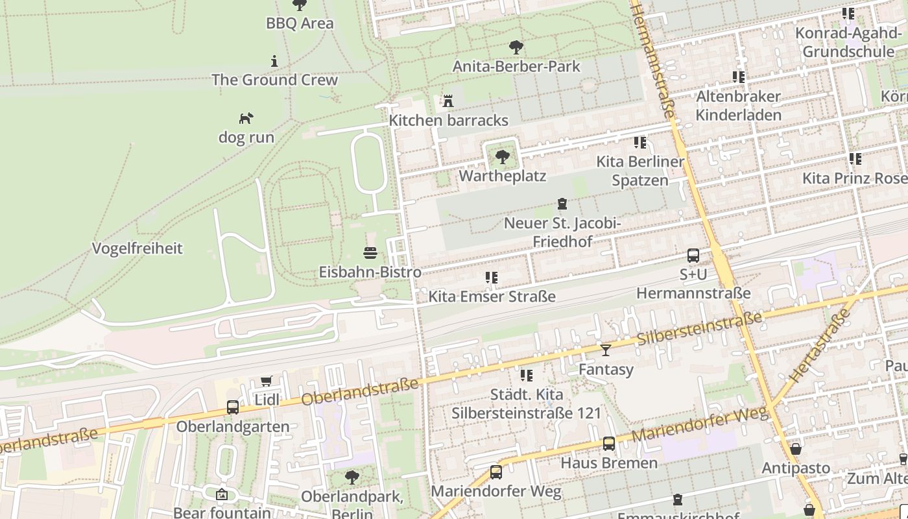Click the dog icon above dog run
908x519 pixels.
coord(246,118)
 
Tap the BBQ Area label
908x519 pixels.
coord(300,23)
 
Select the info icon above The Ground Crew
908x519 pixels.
coord(274,61)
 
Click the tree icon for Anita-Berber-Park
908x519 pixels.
coord(516,47)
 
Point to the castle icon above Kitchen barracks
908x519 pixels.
coord(448,101)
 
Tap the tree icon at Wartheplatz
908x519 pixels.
coord(502,156)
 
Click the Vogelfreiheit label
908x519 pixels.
coord(137,248)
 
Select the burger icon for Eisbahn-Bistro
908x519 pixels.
coord(370,253)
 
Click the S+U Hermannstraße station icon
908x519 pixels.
coord(693,256)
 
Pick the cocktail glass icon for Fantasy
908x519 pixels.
coord(606,350)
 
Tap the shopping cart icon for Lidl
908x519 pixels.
coord(266,381)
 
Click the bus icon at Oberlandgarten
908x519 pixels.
coord(233,407)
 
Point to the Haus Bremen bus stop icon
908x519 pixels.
coord(609,444)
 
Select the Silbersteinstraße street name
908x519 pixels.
coord(699,329)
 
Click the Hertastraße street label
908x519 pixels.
coord(820,345)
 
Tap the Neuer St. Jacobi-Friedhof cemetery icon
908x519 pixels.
coord(562,204)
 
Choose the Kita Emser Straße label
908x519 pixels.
coord(492,297)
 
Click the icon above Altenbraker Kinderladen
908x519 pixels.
coord(738,77)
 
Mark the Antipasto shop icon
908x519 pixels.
coord(796,449)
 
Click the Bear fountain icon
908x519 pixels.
coord(222,494)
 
